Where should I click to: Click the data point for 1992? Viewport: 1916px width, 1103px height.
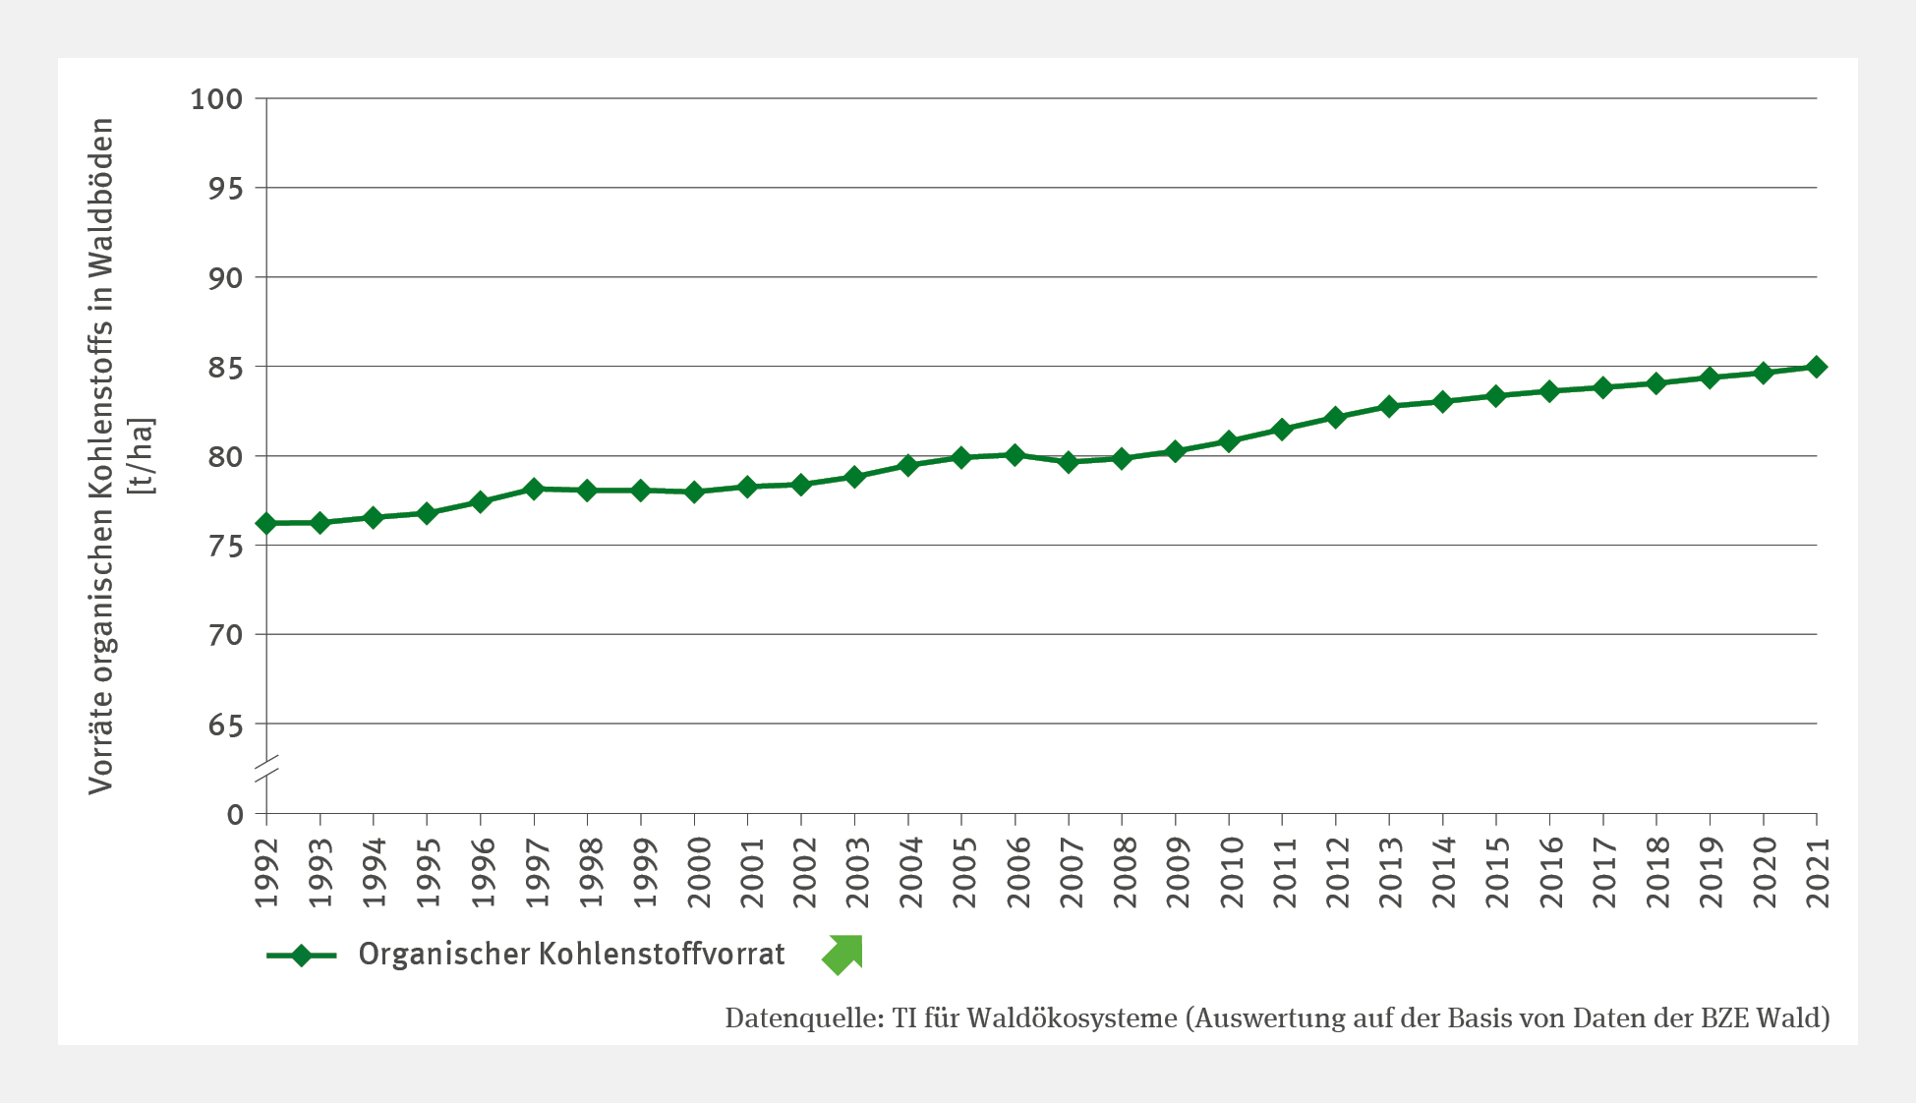coord(266,523)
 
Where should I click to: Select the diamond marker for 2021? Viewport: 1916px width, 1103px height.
coord(1817,367)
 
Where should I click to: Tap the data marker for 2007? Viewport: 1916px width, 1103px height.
coord(1069,462)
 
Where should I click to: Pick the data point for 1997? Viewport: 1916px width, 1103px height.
coord(534,489)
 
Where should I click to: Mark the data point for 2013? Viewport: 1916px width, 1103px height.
coord(1389,406)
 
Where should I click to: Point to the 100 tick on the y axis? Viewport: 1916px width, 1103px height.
coord(216,99)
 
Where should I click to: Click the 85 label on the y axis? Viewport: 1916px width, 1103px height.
coord(224,368)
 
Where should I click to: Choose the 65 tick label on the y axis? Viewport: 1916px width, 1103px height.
coord(224,726)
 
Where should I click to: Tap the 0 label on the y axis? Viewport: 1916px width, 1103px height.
coord(235,815)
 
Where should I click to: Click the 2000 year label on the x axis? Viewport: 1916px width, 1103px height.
coord(696,873)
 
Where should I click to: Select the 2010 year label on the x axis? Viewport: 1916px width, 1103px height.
coord(1230,873)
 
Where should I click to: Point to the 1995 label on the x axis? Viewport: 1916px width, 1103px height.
coord(428,873)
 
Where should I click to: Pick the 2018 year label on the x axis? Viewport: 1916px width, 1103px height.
coord(1657,873)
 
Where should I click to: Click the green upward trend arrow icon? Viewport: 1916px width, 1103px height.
coord(842,955)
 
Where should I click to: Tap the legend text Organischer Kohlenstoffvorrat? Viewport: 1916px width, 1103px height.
coord(571,955)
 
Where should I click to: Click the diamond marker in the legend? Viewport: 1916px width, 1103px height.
coord(301,956)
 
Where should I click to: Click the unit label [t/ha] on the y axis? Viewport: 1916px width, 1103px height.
coord(144,457)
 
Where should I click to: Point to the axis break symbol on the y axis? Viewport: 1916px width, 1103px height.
coord(266,768)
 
